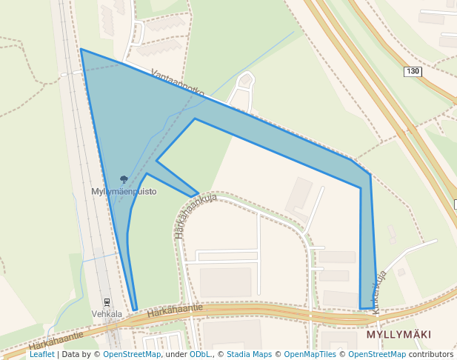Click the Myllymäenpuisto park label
[124, 191]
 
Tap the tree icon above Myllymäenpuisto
[124, 180]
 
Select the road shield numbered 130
[413, 71]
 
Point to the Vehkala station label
[107, 313]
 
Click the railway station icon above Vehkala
[107, 302]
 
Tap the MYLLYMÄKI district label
[398, 335]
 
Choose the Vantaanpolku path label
[177, 83]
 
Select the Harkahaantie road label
[175, 312]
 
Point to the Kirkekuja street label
[381, 292]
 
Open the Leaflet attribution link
[41, 354]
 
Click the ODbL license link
[200, 354]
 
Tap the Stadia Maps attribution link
[249, 354]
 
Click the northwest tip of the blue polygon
[81, 50]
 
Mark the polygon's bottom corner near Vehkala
[135, 310]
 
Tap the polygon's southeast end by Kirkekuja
[367, 308]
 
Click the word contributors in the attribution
[431, 354]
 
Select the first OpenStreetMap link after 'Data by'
[132, 354]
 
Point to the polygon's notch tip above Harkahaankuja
[198, 194]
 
